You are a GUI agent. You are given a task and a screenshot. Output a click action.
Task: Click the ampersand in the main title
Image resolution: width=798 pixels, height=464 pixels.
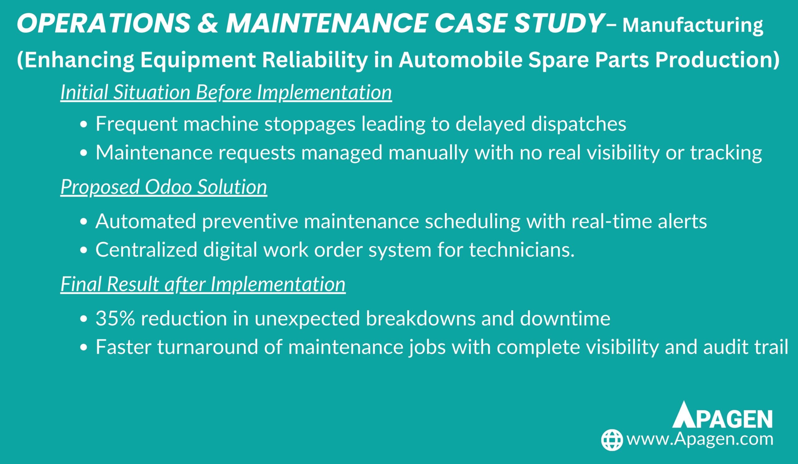tap(207, 23)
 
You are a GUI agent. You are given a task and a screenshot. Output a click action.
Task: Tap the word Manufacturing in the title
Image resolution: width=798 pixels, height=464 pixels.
tap(693, 26)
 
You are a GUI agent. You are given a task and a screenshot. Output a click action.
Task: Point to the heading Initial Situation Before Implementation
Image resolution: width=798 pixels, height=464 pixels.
tap(226, 92)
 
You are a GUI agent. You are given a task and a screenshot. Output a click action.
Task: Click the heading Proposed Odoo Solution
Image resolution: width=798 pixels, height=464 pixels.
tap(164, 187)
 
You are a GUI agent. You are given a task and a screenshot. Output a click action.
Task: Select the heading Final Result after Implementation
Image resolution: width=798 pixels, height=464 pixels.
tap(203, 284)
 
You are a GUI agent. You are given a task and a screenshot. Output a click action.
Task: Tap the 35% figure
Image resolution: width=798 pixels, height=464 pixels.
tap(115, 318)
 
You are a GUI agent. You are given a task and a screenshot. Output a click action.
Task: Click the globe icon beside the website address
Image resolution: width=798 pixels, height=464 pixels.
tap(612, 440)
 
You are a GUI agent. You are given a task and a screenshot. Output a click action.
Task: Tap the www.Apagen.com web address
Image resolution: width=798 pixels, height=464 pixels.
tap(700, 440)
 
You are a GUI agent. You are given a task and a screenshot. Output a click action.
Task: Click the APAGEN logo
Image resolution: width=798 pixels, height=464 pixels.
tap(722, 415)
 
